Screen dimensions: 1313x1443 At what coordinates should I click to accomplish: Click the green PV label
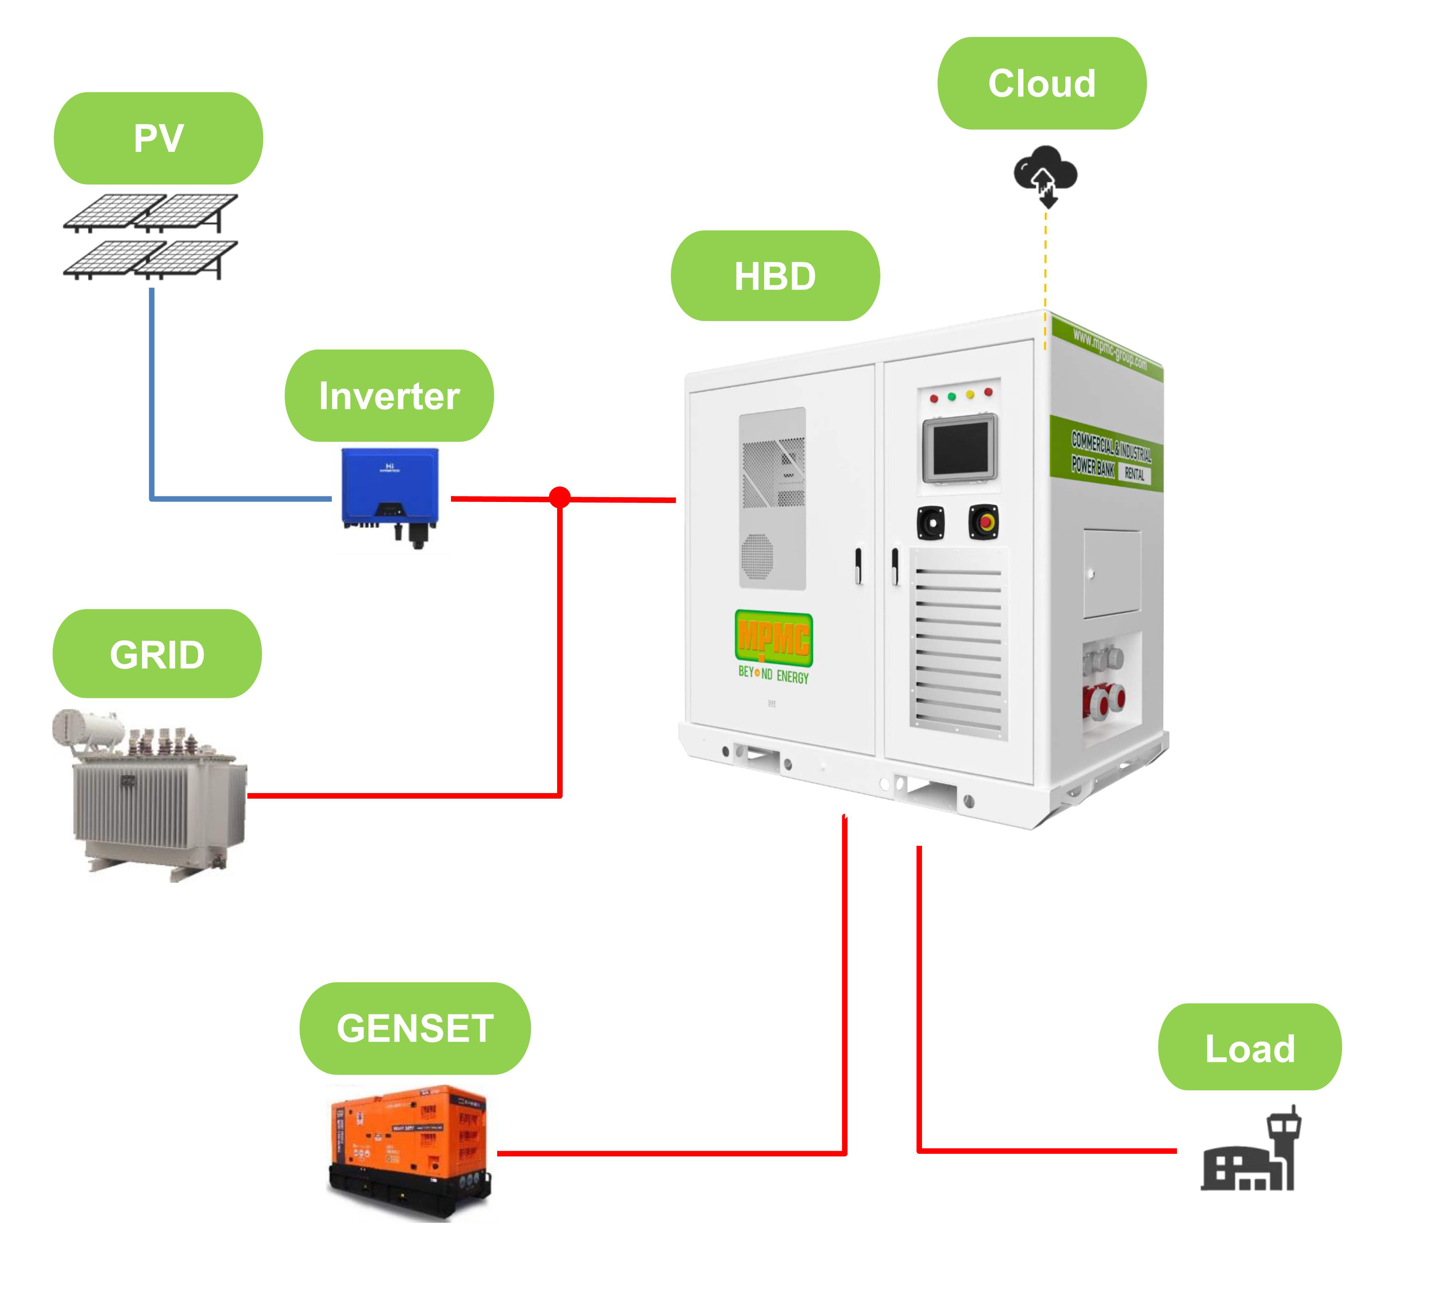click(x=158, y=138)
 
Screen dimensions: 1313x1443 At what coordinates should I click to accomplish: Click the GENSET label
click(x=415, y=1028)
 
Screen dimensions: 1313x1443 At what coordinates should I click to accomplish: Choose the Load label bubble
click(x=1250, y=1047)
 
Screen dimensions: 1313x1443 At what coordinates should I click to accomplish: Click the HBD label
click(x=775, y=276)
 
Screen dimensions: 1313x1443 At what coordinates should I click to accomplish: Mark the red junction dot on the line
click(x=560, y=497)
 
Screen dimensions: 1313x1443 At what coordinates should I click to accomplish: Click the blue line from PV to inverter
click(x=152, y=401)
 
